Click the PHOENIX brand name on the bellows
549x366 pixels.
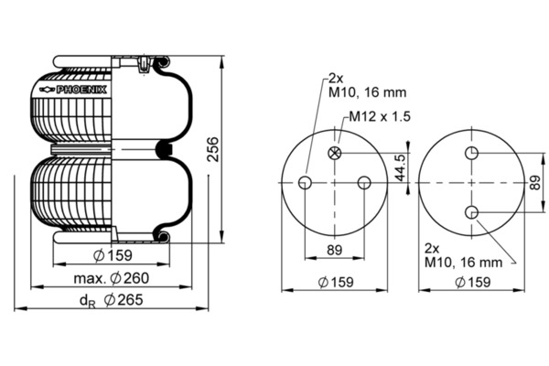point(81,90)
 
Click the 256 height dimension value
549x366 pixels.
point(213,149)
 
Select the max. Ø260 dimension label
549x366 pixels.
point(112,278)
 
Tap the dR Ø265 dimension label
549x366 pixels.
point(112,300)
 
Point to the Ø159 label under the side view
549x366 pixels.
point(113,255)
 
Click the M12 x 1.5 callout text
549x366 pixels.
point(380,116)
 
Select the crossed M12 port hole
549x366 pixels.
point(335,153)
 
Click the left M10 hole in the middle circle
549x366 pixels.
point(305,182)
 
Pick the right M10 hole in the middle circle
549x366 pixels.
point(364,182)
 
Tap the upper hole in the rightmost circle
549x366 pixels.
point(471,153)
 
